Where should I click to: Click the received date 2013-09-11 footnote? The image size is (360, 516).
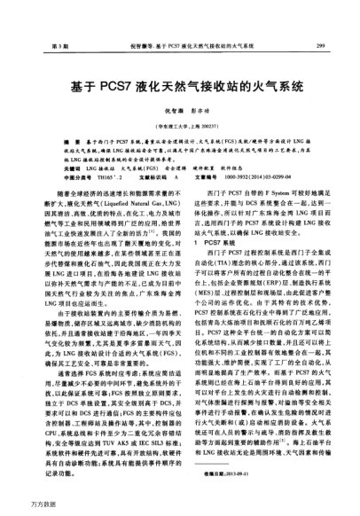coord(232,472)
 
